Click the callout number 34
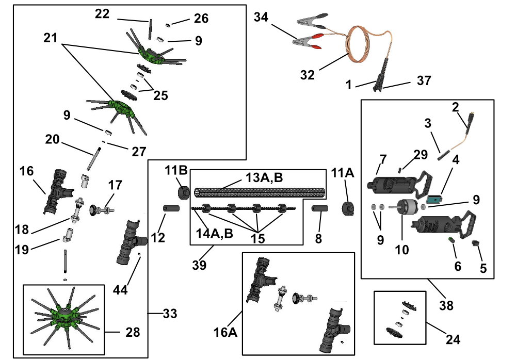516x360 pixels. click(261, 17)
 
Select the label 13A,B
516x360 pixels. click(264, 178)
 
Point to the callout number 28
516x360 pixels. click(133, 332)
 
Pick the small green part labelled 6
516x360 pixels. click(451, 240)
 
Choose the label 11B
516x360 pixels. click(176, 170)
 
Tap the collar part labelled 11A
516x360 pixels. click(347, 209)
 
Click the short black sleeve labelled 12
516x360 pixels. click(171, 209)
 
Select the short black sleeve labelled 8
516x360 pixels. click(319, 209)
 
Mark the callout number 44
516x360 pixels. click(120, 290)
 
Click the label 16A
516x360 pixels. click(225, 332)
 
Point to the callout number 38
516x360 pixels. click(446, 305)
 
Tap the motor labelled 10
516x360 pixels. click(406, 207)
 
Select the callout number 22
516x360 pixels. click(102, 14)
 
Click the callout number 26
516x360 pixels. click(201, 19)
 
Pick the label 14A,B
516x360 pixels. click(215, 233)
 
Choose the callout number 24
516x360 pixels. click(453, 339)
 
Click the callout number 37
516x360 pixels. click(424, 80)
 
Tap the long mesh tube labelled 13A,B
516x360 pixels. click(260, 192)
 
